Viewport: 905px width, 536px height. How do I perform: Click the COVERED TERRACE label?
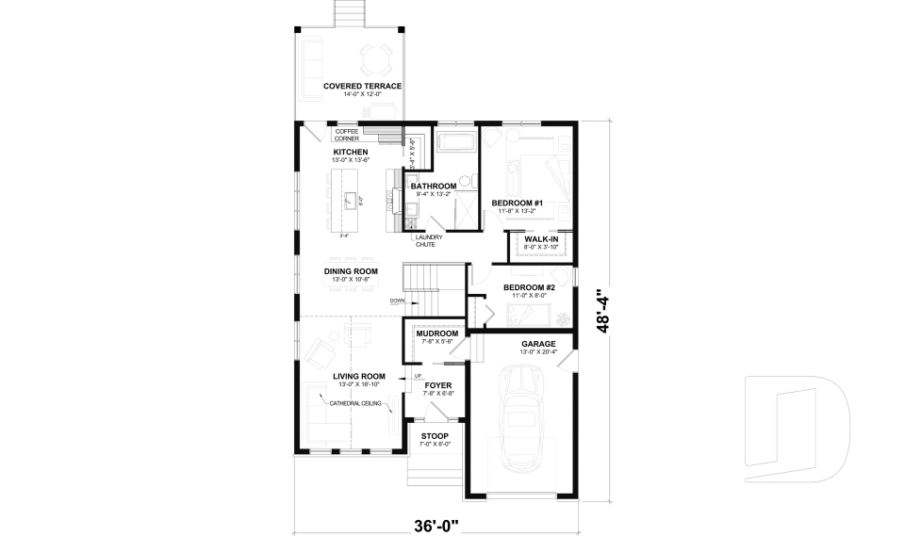(x=362, y=86)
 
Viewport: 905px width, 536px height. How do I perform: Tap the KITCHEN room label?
(x=350, y=152)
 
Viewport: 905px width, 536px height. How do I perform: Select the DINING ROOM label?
(x=351, y=271)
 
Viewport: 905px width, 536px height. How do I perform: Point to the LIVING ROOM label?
(x=359, y=376)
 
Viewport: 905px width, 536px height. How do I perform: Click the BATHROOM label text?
(x=433, y=187)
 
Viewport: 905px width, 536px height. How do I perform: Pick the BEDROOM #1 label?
(x=518, y=203)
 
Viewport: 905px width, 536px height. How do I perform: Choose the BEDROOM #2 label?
(x=528, y=287)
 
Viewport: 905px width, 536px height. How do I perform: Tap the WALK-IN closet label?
(x=540, y=239)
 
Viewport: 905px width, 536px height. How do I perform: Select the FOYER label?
(x=436, y=385)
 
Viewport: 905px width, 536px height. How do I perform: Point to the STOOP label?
(x=435, y=436)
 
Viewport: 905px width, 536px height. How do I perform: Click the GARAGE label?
(x=538, y=344)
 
